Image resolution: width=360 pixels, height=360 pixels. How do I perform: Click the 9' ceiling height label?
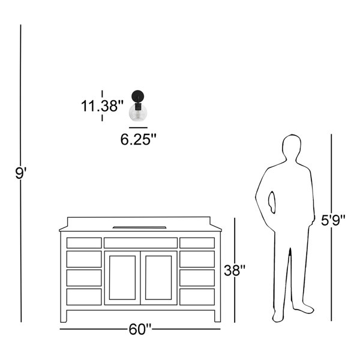coord(21,173)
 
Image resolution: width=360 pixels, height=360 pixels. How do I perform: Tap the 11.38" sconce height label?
coord(102,106)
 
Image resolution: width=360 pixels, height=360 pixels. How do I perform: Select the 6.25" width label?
coord(138,139)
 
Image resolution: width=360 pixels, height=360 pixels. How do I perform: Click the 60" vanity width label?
coord(140,329)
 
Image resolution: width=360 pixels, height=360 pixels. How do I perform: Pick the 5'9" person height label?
coord(333,220)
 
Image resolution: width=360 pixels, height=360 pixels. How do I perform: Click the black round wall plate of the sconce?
coord(138,97)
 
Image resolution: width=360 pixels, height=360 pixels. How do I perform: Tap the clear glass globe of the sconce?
coord(138,113)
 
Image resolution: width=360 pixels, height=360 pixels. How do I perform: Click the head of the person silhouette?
coord(292,147)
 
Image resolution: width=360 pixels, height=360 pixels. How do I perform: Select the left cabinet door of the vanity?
coord(122,278)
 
